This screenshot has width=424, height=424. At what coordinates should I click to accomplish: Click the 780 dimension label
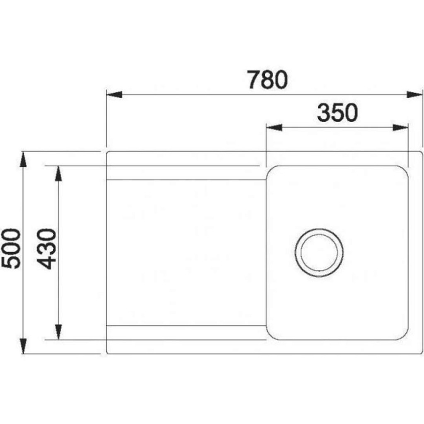pos(268,80)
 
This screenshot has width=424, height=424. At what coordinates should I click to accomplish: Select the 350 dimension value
pos(337,113)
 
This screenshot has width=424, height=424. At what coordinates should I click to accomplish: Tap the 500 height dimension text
pos(11,249)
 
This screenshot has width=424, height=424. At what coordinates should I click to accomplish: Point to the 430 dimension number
pos(46,249)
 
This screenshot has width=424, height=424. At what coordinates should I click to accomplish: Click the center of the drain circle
pos(319,252)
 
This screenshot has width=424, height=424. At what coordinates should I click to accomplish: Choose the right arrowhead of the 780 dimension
pos(414,95)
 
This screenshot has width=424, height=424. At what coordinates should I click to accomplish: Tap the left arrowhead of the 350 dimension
pos(275,128)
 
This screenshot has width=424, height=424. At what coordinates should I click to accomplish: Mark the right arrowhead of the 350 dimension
pos(400,128)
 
